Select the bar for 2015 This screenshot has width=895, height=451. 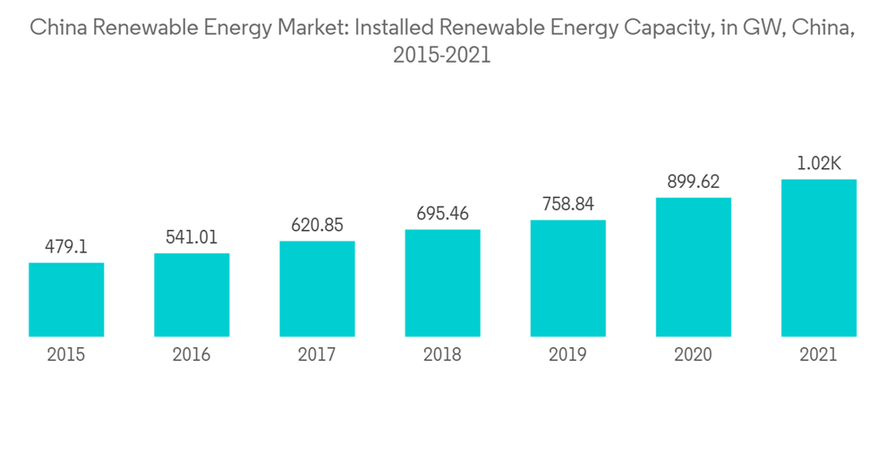[x=66, y=300]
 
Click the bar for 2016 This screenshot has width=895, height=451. [x=192, y=295]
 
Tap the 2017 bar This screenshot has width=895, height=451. [x=317, y=289]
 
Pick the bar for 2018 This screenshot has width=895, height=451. [x=442, y=284]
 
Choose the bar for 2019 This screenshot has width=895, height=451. [x=567, y=278]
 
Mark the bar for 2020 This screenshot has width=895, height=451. [x=693, y=268]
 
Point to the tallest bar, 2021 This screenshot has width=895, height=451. [x=818, y=259]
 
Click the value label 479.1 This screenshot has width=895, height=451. [x=66, y=246]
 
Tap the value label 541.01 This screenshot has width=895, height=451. [x=192, y=237]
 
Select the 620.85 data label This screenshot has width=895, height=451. [x=317, y=225]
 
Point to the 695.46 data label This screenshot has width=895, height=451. [x=442, y=214]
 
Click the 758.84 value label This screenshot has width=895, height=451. [x=567, y=204]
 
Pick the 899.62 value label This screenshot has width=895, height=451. [x=693, y=182]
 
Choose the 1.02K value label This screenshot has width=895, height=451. [x=818, y=164]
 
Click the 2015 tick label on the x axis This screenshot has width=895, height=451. [x=66, y=355]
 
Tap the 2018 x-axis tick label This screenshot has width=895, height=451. [x=442, y=355]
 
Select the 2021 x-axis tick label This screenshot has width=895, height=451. [x=818, y=355]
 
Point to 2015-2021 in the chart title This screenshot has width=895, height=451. [x=442, y=55]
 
